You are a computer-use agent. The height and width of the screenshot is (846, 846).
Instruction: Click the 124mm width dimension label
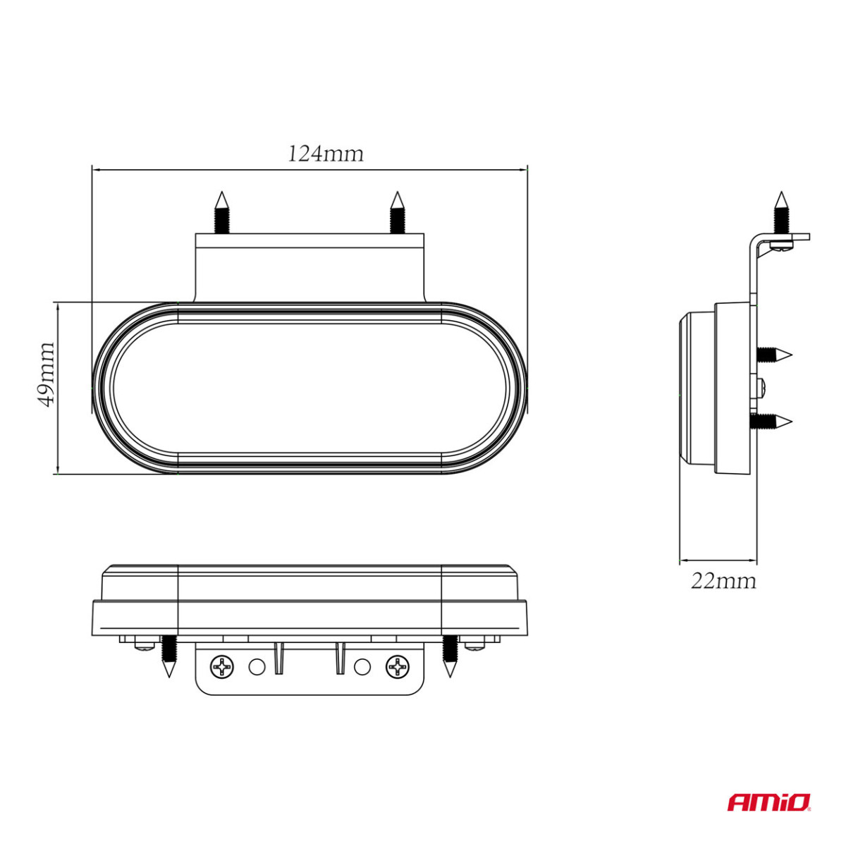(x=325, y=154)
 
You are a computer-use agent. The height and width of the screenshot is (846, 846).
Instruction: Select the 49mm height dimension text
(x=46, y=374)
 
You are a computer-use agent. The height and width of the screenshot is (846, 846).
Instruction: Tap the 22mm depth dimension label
(x=723, y=581)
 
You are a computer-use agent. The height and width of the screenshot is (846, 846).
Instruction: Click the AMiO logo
(x=769, y=802)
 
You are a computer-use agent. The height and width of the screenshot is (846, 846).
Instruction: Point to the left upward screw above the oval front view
(x=221, y=213)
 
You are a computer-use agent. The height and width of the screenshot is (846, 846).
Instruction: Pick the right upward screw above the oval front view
(x=397, y=213)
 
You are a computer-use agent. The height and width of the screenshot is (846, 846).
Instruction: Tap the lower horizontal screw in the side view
(x=773, y=422)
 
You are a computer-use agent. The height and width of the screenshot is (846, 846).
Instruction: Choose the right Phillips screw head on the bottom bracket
(x=397, y=666)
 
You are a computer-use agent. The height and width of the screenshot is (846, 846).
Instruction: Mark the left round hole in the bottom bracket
(x=257, y=666)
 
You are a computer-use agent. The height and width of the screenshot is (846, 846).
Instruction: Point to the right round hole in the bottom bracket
(x=362, y=666)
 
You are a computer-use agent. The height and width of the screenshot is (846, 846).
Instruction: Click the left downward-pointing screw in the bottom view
(x=168, y=656)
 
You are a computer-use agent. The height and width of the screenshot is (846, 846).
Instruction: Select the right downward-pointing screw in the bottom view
(x=450, y=656)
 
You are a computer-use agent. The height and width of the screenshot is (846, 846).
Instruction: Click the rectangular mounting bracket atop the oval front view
(x=309, y=268)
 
